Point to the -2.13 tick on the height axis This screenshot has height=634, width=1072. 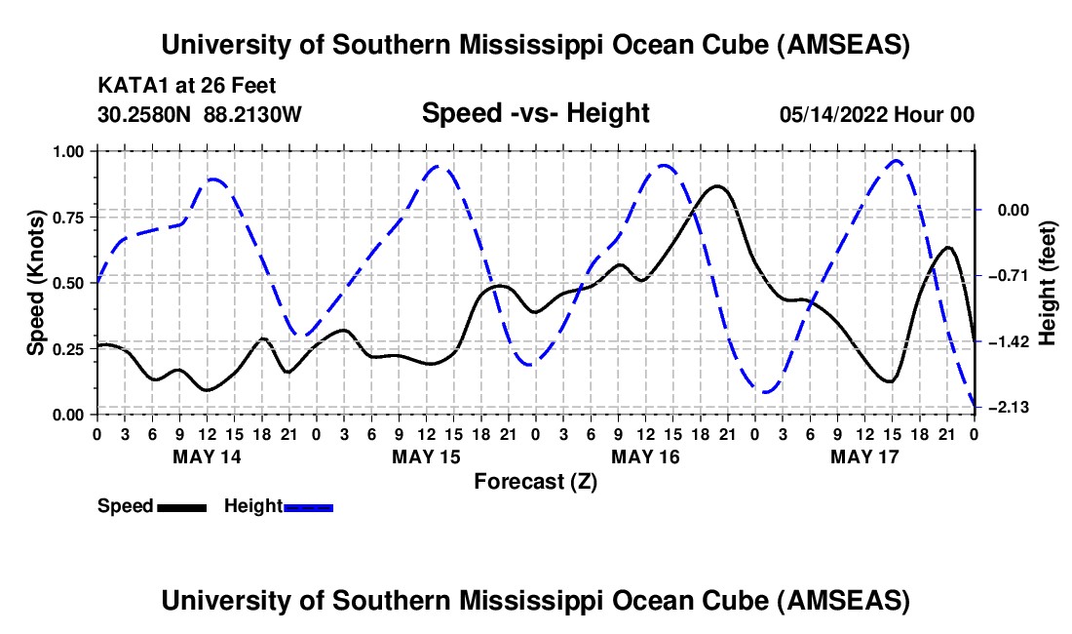pyautogui.click(x=1011, y=408)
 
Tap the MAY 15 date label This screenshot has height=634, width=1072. pyautogui.click(x=425, y=456)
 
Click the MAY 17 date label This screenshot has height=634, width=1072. pyautogui.click(x=863, y=456)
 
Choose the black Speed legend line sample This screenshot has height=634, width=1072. pyautogui.click(x=181, y=507)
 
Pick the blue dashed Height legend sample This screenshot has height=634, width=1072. pyautogui.click(x=308, y=507)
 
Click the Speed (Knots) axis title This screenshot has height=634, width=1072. pyautogui.click(x=35, y=283)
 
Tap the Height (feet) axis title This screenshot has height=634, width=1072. pyautogui.click(x=1048, y=283)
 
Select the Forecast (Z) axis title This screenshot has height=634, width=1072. pyautogui.click(x=535, y=481)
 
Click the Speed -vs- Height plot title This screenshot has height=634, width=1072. pyautogui.click(x=535, y=114)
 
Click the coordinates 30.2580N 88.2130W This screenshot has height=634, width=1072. pyautogui.click(x=200, y=115)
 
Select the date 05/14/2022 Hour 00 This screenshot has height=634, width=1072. pyautogui.click(x=876, y=115)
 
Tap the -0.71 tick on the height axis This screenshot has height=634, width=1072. pyautogui.click(x=1011, y=276)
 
